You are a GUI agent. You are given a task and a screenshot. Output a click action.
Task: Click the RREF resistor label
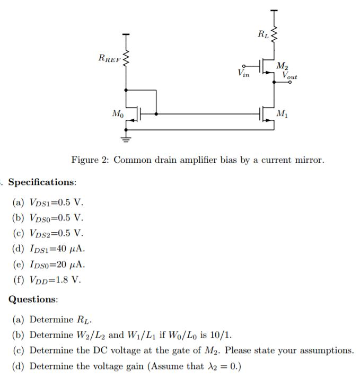click(x=109, y=58)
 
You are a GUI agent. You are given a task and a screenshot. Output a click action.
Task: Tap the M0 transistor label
click(x=118, y=113)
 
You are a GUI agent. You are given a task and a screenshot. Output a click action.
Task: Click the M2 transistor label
click(x=283, y=66)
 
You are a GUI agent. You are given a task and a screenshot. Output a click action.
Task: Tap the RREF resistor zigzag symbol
click(x=126, y=59)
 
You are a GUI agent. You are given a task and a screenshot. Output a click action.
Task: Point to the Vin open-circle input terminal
click(x=244, y=66)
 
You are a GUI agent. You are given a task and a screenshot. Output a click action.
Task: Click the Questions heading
click(x=33, y=299)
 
